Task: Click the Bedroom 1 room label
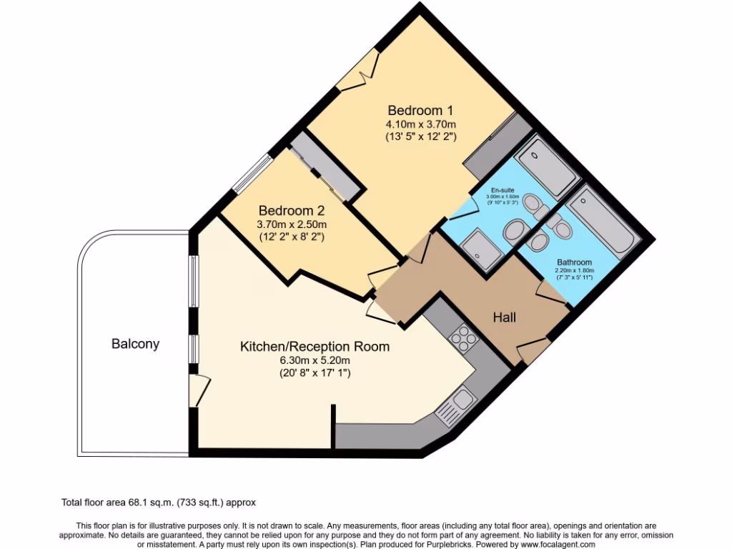420,111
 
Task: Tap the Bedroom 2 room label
292,211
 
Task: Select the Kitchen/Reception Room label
315,347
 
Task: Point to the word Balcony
135,344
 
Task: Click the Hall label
504,317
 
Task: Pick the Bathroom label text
574,262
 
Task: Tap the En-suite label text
501,190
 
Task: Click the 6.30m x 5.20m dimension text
315,360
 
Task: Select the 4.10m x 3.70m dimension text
420,124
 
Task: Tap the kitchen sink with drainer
455,405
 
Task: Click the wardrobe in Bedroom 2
322,167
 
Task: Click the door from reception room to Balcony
199,390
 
